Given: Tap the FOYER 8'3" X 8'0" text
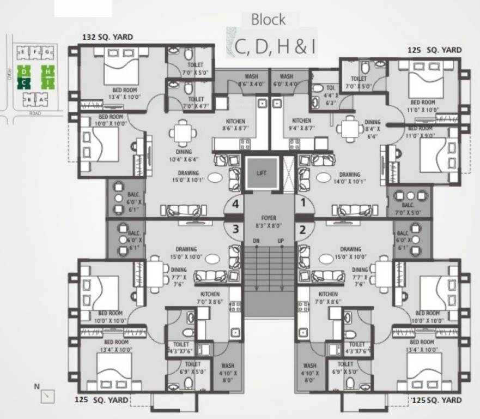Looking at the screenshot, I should (268, 221).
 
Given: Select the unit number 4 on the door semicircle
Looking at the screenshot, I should (235, 205).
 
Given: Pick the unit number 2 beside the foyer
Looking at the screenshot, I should (302, 229).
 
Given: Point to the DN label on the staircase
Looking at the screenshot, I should (256, 241).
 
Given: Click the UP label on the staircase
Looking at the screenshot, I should (281, 241).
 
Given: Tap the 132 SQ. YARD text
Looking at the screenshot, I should (107, 37).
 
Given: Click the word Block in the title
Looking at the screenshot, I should (268, 20).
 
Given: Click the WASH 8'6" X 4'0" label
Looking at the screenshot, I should (252, 80).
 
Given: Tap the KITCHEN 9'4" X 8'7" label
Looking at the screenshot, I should (301, 124).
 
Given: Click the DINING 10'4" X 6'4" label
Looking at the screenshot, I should (184, 156).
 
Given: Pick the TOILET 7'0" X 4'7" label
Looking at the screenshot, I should (196, 103).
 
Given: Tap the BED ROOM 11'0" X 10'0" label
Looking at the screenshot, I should (423, 106).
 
